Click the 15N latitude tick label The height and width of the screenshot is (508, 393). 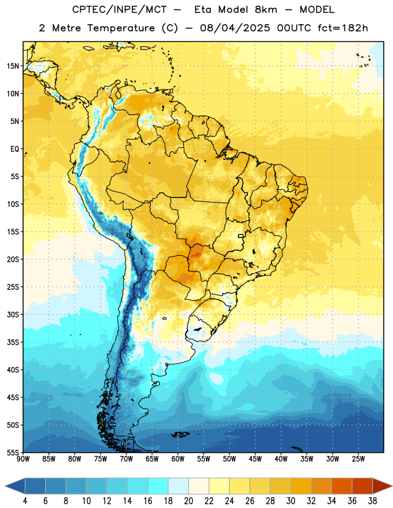click(13, 66)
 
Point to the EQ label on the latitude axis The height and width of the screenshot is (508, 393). click(15, 149)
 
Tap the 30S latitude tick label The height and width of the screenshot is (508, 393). click(13, 314)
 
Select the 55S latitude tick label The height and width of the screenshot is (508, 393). click(13, 452)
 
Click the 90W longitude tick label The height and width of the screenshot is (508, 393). click(23, 459)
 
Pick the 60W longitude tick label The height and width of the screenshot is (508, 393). click(178, 459)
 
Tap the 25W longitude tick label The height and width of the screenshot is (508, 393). click(358, 459)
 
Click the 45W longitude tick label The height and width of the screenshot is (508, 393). click(255, 459)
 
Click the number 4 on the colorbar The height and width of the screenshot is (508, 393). click(25, 501)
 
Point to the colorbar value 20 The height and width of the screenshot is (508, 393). click(188, 501)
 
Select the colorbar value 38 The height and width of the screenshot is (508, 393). click(373, 501)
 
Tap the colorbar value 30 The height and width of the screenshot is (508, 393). click(291, 501)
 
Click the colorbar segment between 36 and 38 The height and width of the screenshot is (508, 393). click(362, 486)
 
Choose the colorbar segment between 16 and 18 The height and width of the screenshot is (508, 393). click(158, 486)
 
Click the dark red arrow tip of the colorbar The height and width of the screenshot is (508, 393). click(391, 486)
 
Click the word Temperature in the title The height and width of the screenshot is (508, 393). click(121, 28)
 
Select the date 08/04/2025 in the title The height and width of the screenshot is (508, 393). click(235, 28)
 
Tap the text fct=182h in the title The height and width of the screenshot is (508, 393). click(343, 28)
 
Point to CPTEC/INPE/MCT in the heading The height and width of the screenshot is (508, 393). click(119, 10)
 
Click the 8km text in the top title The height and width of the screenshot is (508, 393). click(266, 10)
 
